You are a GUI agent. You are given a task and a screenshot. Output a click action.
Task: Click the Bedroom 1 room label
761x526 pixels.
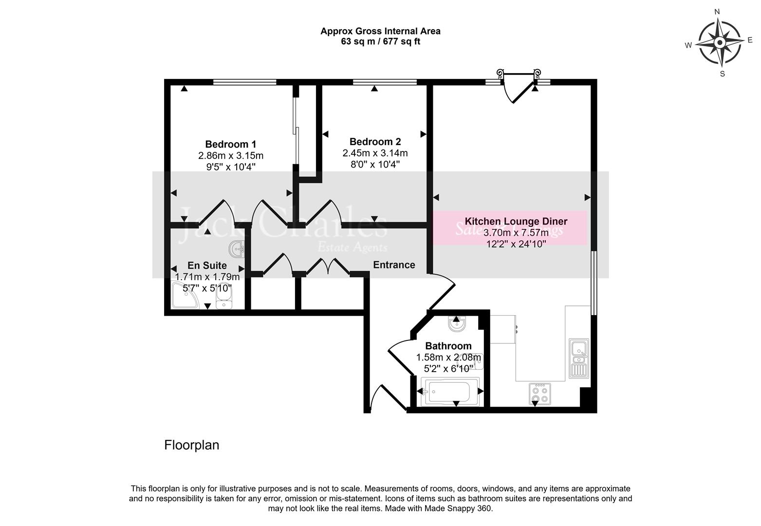pyautogui.click(x=230, y=144)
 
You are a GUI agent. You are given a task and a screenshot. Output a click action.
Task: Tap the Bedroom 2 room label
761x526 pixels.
pyautogui.click(x=375, y=142)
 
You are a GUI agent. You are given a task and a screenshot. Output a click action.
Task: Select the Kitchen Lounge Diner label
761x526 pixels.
pyautogui.click(x=516, y=221)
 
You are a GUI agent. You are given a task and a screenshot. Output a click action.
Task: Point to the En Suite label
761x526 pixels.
pyautogui.click(x=207, y=265)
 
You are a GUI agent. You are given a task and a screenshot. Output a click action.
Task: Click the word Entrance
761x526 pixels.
pyautogui.click(x=394, y=265)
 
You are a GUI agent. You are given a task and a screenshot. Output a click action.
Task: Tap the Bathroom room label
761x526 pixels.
pyautogui.click(x=448, y=346)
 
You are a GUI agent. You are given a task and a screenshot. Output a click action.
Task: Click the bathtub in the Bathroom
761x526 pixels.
pyautogui.click(x=448, y=391)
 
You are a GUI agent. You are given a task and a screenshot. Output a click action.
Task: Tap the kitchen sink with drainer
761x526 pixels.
pyautogui.click(x=579, y=358)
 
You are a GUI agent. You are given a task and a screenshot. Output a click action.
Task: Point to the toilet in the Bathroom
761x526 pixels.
pyautogui.click(x=456, y=324)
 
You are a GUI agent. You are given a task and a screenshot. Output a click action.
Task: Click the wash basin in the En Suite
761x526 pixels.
pyautogui.click(x=238, y=250)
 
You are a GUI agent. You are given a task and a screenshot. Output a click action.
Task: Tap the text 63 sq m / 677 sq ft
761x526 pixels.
pyautogui.click(x=380, y=42)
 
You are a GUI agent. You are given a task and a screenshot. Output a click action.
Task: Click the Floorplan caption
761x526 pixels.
pyautogui.click(x=192, y=445)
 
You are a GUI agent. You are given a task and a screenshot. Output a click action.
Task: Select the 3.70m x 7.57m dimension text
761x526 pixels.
pyautogui.click(x=516, y=233)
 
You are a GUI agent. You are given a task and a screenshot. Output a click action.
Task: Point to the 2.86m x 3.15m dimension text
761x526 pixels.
pyautogui.click(x=230, y=156)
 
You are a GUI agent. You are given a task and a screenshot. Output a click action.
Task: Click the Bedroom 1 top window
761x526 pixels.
pyautogui.click(x=244, y=82)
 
